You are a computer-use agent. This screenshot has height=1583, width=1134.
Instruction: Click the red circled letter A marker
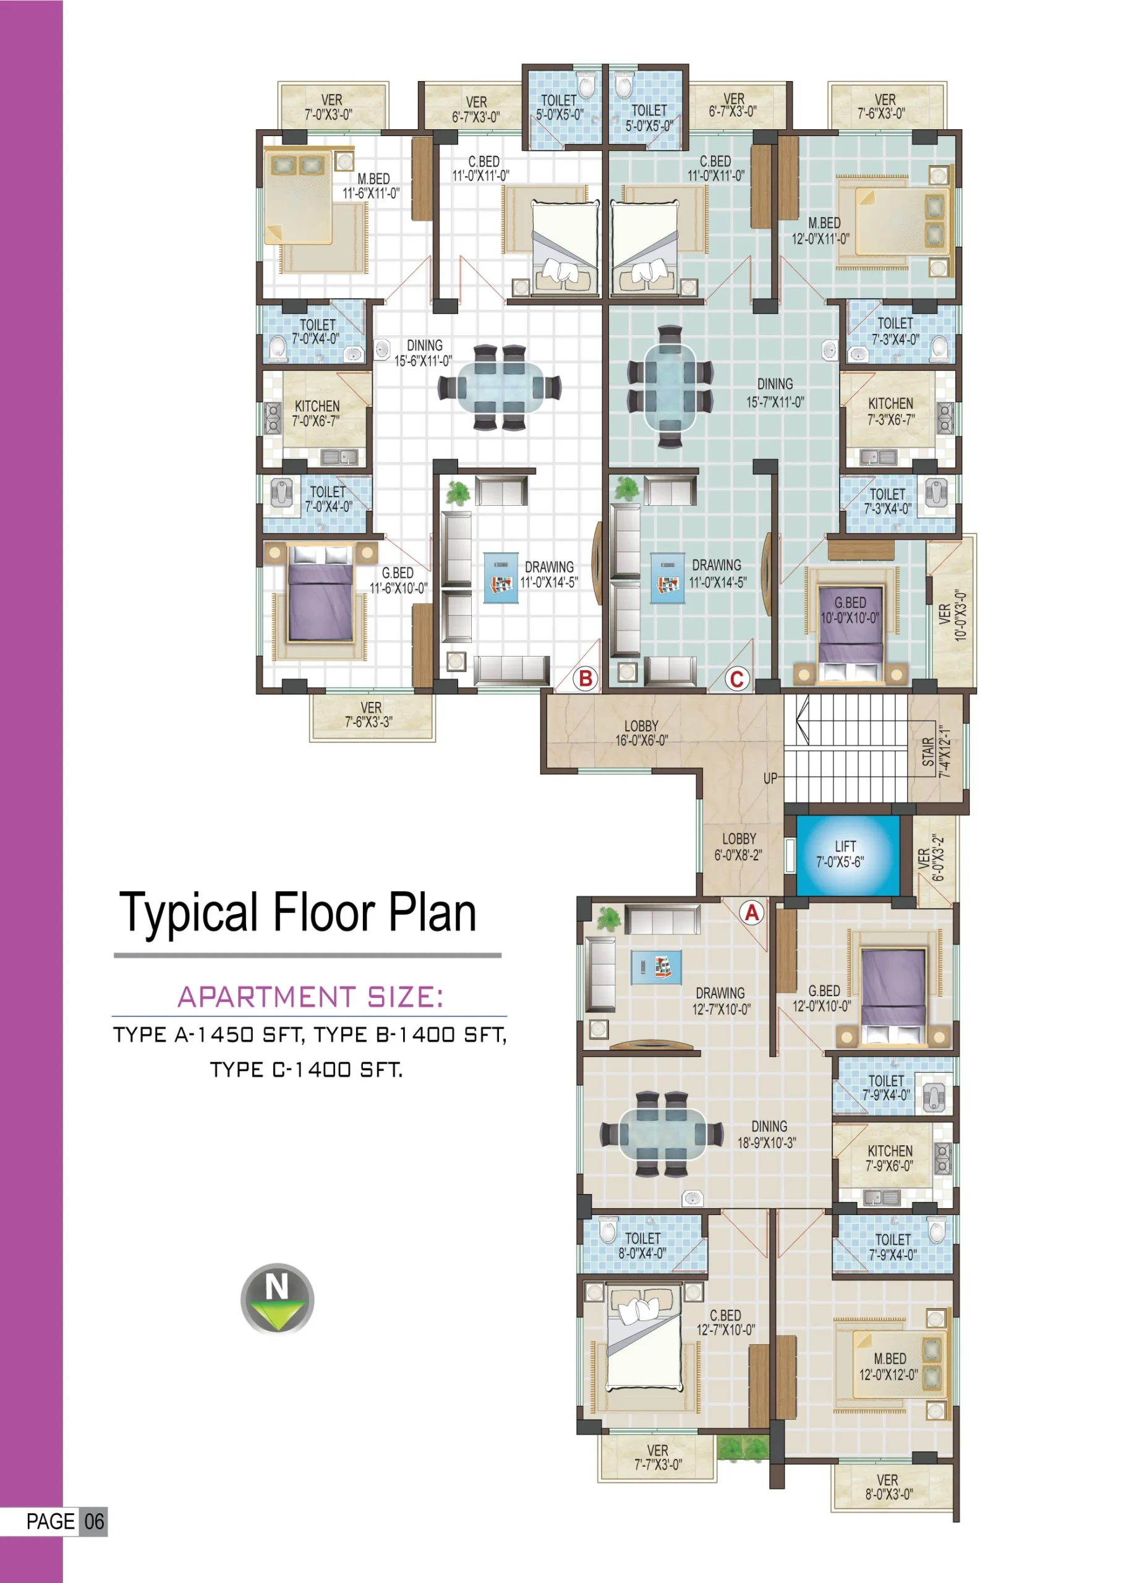click(x=752, y=913)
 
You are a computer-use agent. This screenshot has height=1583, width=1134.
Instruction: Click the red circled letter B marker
click(x=586, y=678)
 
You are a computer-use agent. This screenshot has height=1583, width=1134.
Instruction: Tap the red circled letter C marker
click(x=737, y=678)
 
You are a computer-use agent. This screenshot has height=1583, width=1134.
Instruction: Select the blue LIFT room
click(x=847, y=855)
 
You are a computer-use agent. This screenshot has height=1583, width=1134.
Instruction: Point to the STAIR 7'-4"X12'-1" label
click(x=936, y=752)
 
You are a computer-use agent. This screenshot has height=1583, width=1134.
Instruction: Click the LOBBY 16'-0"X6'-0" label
click(x=641, y=733)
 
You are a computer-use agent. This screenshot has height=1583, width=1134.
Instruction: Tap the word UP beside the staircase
click(x=770, y=779)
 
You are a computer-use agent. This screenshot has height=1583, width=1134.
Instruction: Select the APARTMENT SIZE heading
click(x=310, y=997)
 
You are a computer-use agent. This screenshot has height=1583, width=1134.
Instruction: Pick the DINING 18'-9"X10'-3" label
click(x=767, y=1134)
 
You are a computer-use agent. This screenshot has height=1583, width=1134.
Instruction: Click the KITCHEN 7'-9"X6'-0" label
click(x=890, y=1158)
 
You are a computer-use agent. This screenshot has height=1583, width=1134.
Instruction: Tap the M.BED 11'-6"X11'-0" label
click(x=371, y=186)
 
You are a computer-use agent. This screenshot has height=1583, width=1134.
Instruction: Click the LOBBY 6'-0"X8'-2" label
click(x=738, y=847)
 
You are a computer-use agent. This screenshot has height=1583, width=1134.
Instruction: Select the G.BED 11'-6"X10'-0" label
click(x=398, y=581)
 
